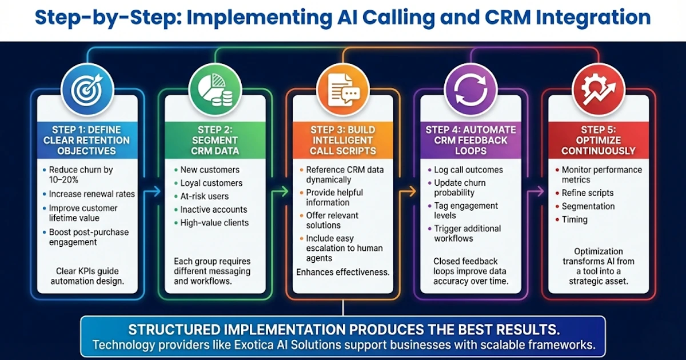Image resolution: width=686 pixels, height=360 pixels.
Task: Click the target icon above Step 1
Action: [87, 89]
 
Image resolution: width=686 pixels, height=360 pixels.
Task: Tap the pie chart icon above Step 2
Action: [216, 89]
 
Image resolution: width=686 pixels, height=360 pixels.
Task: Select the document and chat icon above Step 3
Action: [343, 89]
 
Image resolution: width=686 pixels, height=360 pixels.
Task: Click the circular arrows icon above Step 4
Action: [470, 89]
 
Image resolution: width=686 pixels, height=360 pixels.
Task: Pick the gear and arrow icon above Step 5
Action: [599, 89]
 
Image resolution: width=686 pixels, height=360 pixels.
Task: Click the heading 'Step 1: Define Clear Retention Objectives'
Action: [87, 140]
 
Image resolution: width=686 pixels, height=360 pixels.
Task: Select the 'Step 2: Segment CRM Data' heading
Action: [216, 140]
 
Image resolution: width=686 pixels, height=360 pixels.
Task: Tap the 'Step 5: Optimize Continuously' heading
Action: [599, 140]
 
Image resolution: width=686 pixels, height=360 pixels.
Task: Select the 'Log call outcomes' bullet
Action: [468, 170]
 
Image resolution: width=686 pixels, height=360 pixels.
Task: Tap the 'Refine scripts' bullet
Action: [587, 193]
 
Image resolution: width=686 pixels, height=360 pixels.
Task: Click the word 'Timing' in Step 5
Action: [575, 219]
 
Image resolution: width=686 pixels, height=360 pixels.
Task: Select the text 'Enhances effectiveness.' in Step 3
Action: [343, 273]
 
